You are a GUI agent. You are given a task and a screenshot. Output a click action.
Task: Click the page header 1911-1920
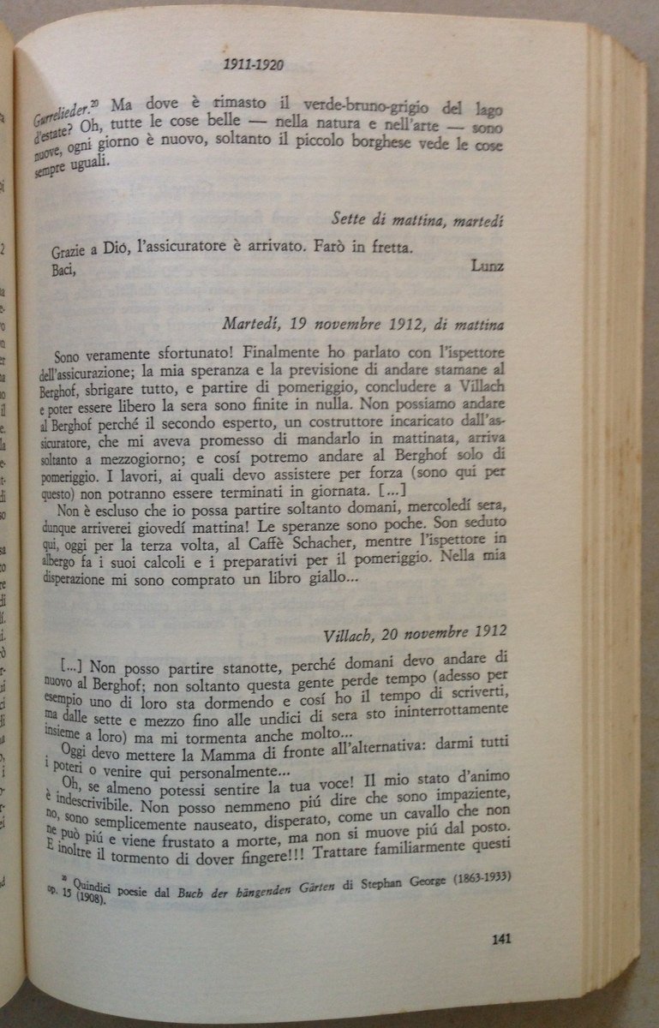253,64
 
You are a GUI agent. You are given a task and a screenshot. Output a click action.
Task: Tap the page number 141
502,939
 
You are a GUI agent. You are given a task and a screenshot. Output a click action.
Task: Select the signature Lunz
487,265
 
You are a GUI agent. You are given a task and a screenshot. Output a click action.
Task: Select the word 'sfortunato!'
191,352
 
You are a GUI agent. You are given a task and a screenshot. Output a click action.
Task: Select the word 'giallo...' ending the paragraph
321,578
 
